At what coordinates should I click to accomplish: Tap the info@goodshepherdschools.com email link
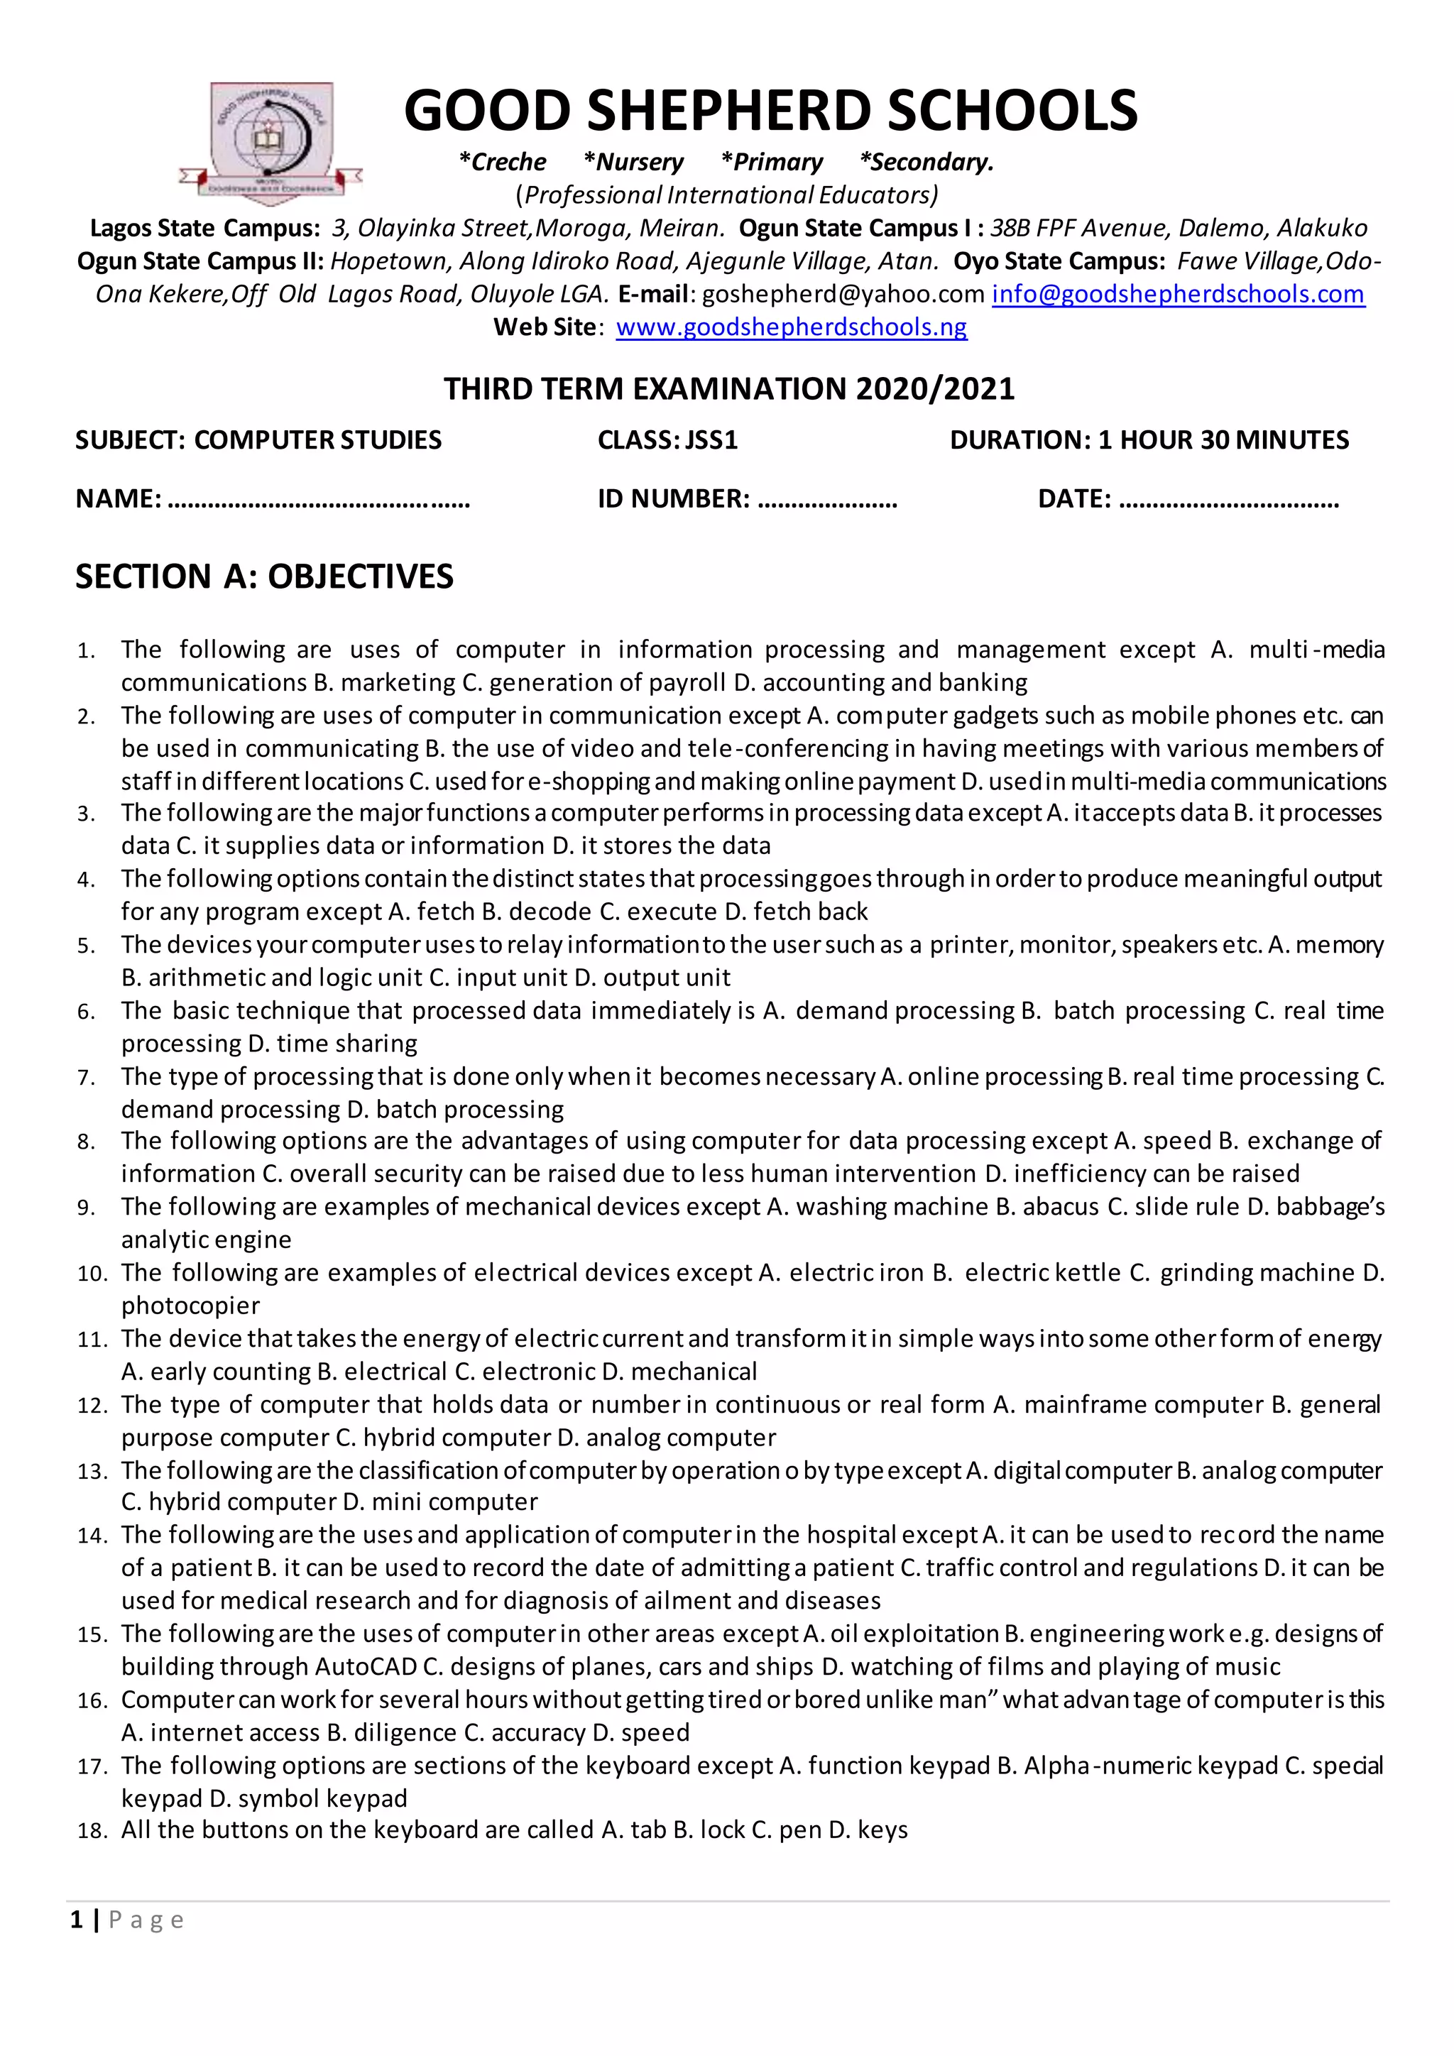pyautogui.click(x=1177, y=294)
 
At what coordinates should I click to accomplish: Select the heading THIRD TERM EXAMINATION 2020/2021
pyautogui.click(x=729, y=388)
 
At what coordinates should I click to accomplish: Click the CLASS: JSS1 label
pyautogui.click(x=667, y=439)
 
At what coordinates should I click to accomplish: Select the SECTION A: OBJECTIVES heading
pyautogui.click(x=264, y=576)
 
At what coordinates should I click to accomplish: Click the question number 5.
pyautogui.click(x=86, y=946)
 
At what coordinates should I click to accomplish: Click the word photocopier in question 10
pyautogui.click(x=191, y=1305)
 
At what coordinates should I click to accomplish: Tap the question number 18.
pyautogui.click(x=92, y=1830)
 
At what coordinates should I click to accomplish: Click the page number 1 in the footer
pyautogui.click(x=77, y=1919)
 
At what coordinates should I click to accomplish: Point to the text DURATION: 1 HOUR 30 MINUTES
pyautogui.click(x=1149, y=439)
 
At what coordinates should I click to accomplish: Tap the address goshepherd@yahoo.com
pyautogui.click(x=843, y=294)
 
